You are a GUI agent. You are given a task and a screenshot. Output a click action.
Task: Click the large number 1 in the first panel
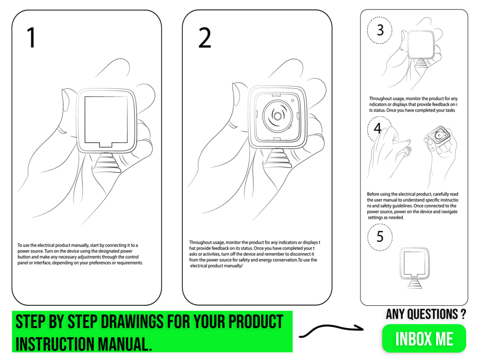tap(31, 38)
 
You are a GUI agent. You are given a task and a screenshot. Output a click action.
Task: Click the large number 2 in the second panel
tap(204, 38)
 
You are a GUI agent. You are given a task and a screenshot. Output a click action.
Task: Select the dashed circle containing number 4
tap(378, 129)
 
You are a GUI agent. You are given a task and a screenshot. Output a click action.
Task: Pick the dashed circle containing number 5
tap(380, 237)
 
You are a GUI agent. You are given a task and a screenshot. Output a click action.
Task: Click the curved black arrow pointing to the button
tap(331, 330)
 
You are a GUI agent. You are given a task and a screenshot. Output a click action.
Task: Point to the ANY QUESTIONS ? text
tap(425, 314)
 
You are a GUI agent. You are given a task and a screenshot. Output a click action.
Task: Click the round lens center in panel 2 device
tap(277, 116)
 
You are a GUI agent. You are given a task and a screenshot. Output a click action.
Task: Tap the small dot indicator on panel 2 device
tap(292, 101)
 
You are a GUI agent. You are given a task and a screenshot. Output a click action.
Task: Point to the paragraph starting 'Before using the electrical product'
tap(412, 205)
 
